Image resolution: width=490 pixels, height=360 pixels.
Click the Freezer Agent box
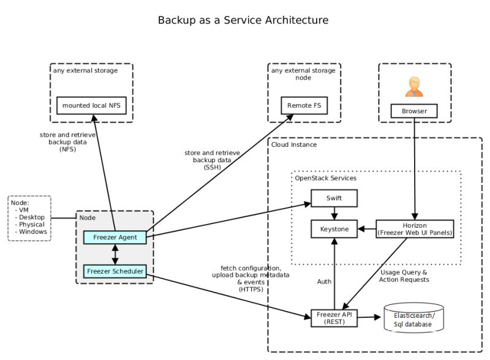click(x=115, y=237)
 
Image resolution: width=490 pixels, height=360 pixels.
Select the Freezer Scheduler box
click(x=115, y=271)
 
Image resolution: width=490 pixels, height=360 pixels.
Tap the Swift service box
click(x=334, y=198)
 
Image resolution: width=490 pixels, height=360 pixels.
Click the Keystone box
click(x=334, y=229)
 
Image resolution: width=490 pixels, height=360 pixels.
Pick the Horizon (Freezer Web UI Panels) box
click(x=415, y=229)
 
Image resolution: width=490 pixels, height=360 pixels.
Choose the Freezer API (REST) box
click(x=334, y=318)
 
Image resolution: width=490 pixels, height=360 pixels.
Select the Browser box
click(x=415, y=111)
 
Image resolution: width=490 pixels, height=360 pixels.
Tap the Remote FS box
click(x=304, y=105)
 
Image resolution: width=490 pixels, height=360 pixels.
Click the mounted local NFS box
click(x=92, y=105)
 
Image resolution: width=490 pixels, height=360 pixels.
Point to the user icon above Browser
click(x=415, y=86)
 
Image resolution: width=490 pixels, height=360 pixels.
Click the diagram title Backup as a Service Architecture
click(x=243, y=20)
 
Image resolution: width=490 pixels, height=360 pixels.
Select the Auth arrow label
click(x=324, y=282)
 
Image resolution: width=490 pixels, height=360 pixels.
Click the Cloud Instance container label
click(x=294, y=145)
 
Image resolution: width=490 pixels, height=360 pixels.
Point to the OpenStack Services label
click(x=326, y=178)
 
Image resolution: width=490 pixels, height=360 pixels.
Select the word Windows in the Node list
click(x=32, y=232)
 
